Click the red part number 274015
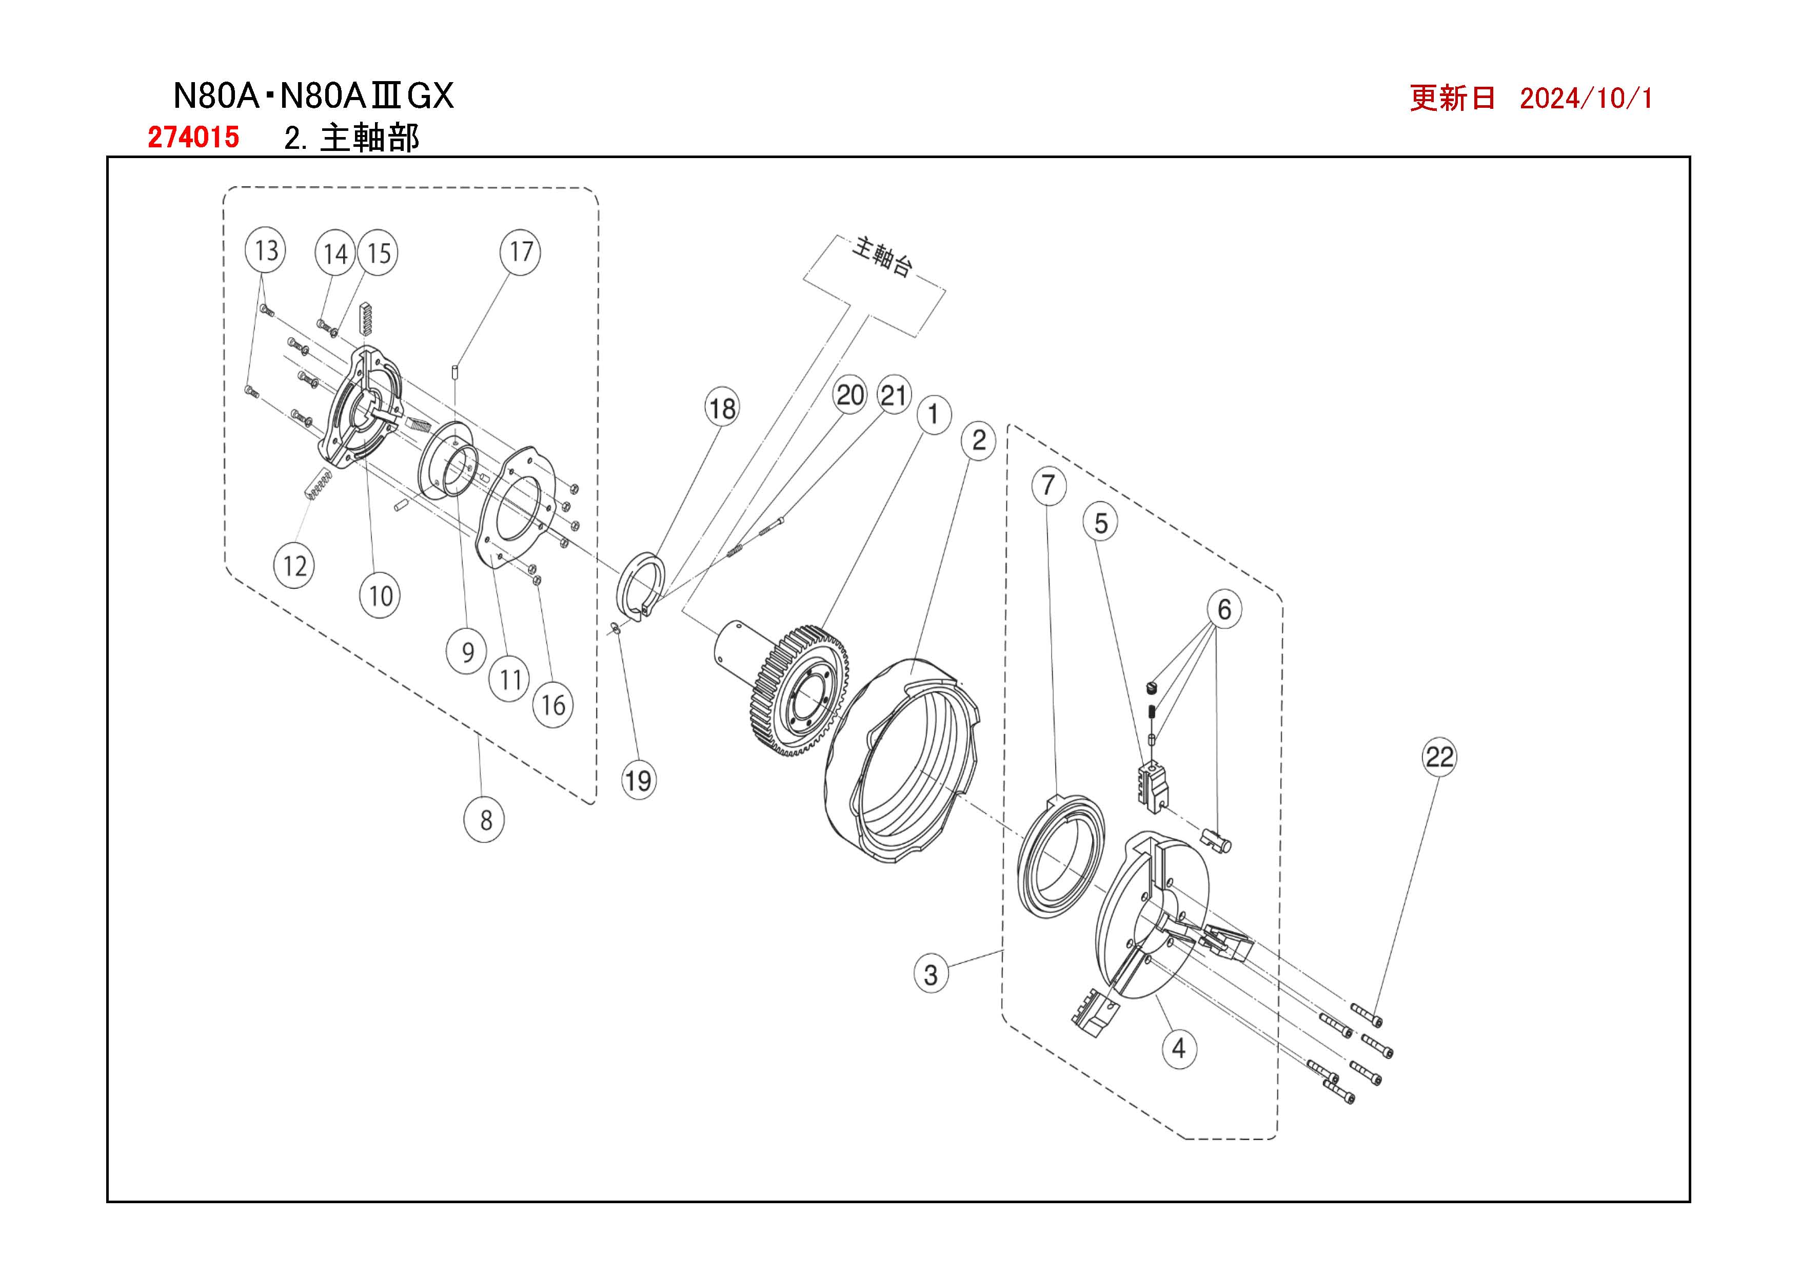193,137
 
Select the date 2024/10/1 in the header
1586,98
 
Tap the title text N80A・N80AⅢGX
312,95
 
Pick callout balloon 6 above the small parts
1224,609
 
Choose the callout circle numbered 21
893,395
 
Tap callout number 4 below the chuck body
1178,1048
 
